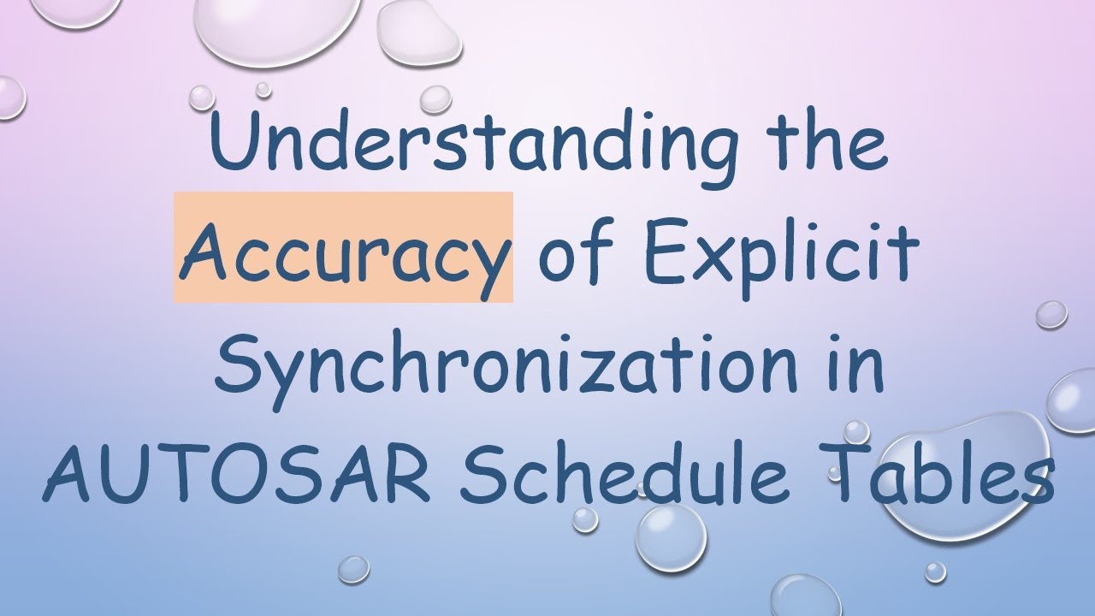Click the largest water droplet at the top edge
pyautogui.click(x=266, y=26)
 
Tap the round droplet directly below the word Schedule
pyautogui.click(x=671, y=537)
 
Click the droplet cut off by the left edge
pyautogui.click(x=9, y=97)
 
